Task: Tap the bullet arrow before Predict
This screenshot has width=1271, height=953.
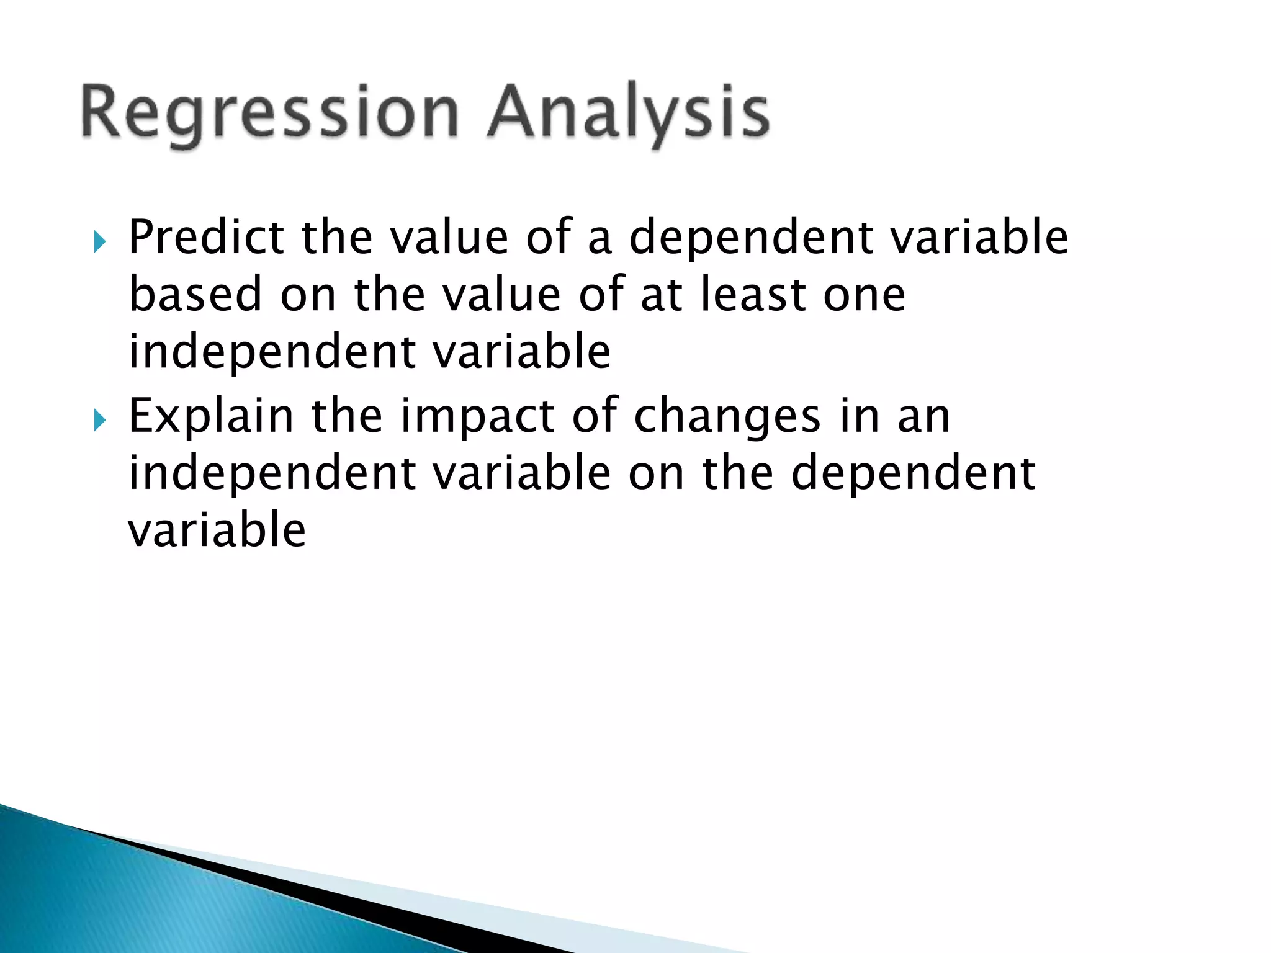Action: [x=100, y=241]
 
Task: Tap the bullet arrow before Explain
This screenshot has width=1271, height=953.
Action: [x=100, y=420]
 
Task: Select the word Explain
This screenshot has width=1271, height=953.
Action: [x=210, y=417]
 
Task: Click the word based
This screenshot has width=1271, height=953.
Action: [x=195, y=295]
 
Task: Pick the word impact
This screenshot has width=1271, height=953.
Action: [x=477, y=417]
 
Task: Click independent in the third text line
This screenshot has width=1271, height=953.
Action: [x=272, y=352]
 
